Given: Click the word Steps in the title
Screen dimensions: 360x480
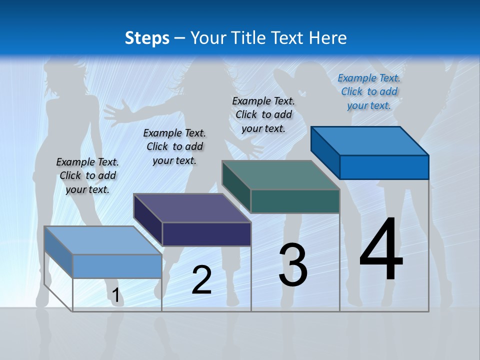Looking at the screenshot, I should tap(147, 38).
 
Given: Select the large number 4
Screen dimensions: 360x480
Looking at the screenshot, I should tap(381, 250).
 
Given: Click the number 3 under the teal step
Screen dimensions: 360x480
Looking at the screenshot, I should tap(293, 265).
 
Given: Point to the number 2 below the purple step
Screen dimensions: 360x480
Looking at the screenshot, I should tap(201, 280).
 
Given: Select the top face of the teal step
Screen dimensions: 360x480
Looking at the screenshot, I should tap(280, 174).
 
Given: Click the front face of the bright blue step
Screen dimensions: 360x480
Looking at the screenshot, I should tap(384, 167).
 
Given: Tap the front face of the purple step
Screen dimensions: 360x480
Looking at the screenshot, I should tap(206, 234).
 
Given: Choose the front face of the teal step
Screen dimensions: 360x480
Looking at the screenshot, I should tap(295, 201).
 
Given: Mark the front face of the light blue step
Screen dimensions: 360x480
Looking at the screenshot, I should tap(117, 266).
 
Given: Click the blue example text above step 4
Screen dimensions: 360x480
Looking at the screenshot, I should tap(369, 91).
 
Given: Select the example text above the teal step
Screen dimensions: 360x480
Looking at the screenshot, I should tap(263, 114).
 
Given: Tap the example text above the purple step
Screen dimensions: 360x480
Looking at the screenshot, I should tap(174, 146).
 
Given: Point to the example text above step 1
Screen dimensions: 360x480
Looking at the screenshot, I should tap(87, 175).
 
